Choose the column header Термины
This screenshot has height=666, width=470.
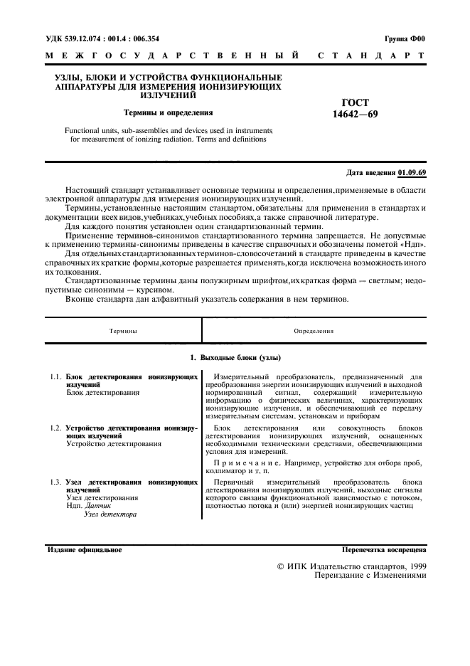123,331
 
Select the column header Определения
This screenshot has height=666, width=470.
314,331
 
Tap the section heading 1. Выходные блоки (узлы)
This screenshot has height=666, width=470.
236,356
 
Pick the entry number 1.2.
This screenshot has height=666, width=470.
55,428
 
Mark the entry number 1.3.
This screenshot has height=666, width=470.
55,482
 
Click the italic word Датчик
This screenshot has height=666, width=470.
98,506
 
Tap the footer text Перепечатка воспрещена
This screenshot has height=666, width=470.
384,550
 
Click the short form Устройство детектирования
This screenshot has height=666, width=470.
113,444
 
